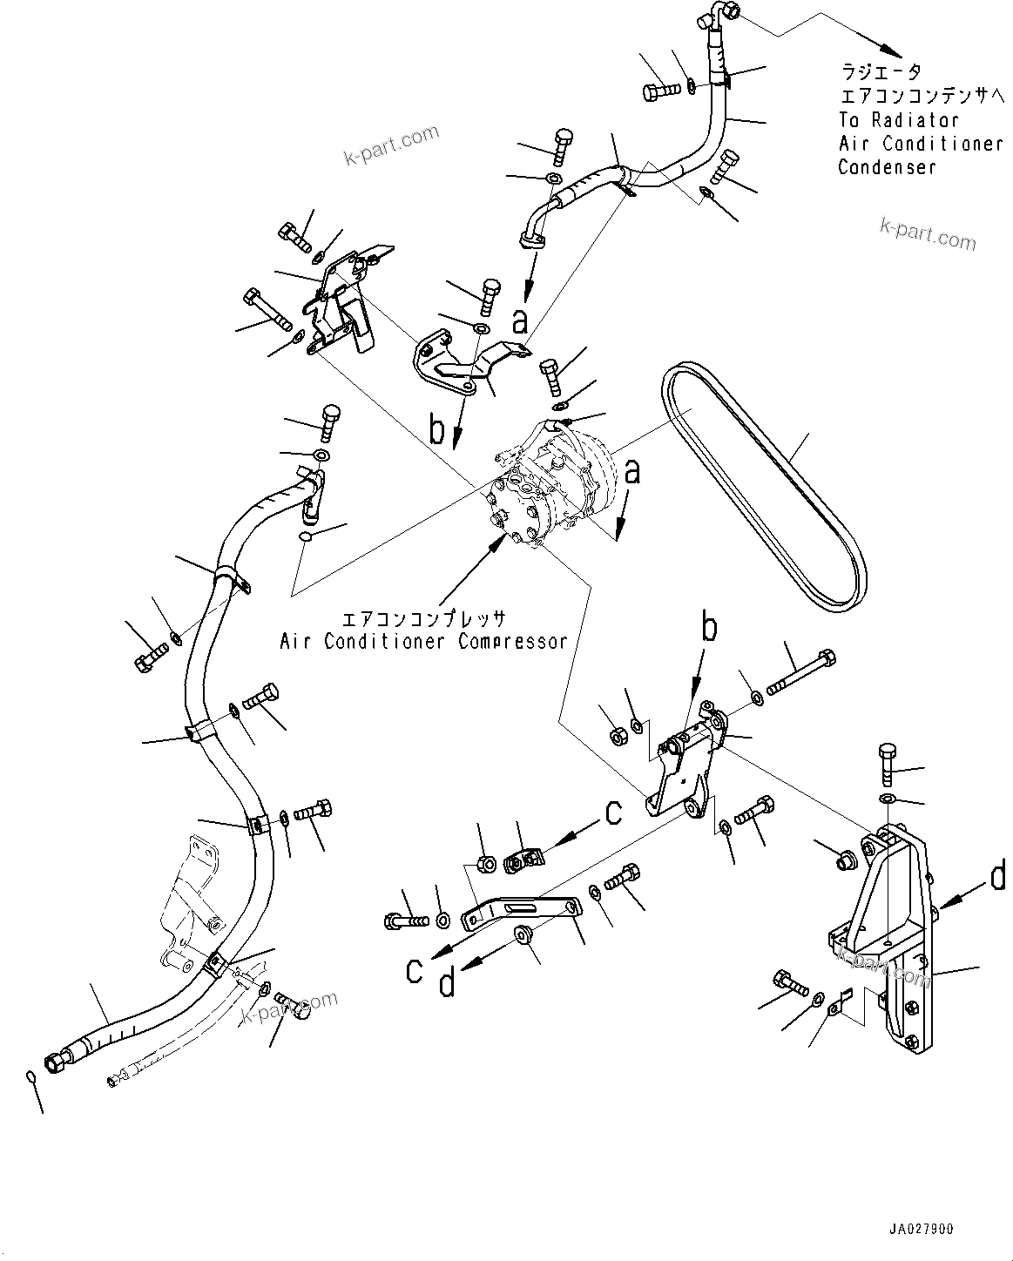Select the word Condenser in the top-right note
[x=887, y=167]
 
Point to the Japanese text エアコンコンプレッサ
[x=422, y=619]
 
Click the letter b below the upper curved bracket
[x=437, y=429]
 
